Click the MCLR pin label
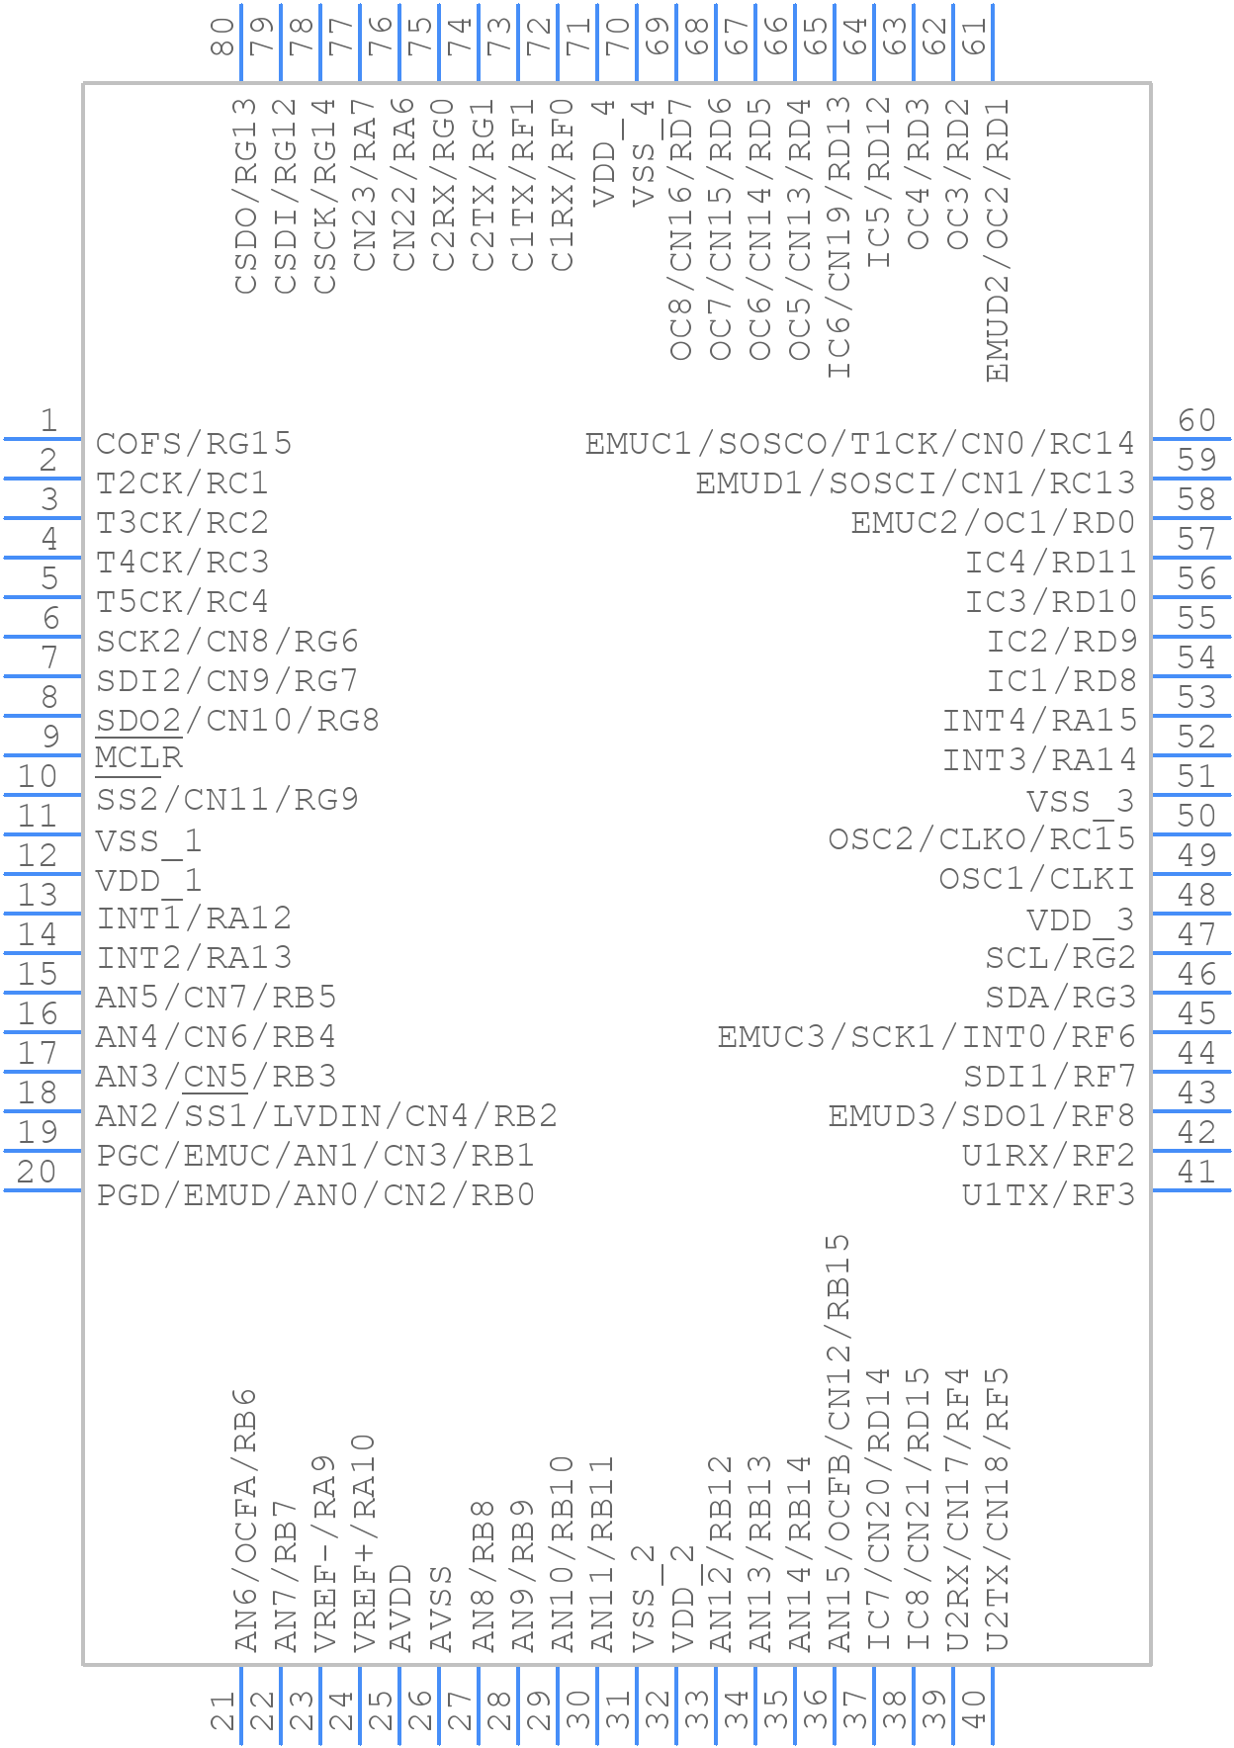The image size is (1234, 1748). [x=139, y=758]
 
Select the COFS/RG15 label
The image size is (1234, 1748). [x=194, y=443]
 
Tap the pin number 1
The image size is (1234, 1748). [x=48, y=421]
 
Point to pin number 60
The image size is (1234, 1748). [x=1196, y=421]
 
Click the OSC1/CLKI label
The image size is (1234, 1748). [x=1036, y=878]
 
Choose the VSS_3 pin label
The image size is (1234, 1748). [x=1080, y=801]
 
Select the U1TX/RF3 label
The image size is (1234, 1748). [x=1048, y=1194]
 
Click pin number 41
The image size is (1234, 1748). [x=1196, y=1173]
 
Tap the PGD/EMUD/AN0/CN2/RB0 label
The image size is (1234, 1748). [x=315, y=1194]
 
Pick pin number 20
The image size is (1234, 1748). [x=37, y=1173]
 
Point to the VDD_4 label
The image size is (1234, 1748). [x=602, y=152]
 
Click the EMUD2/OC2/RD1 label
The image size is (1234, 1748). [x=998, y=240]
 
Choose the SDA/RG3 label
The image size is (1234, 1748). [x=1060, y=997]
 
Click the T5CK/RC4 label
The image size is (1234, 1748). [x=182, y=601]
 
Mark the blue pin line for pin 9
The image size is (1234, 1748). [x=43, y=755]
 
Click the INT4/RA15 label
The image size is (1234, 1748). [x=1039, y=720]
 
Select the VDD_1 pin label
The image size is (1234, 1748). [x=148, y=880]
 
